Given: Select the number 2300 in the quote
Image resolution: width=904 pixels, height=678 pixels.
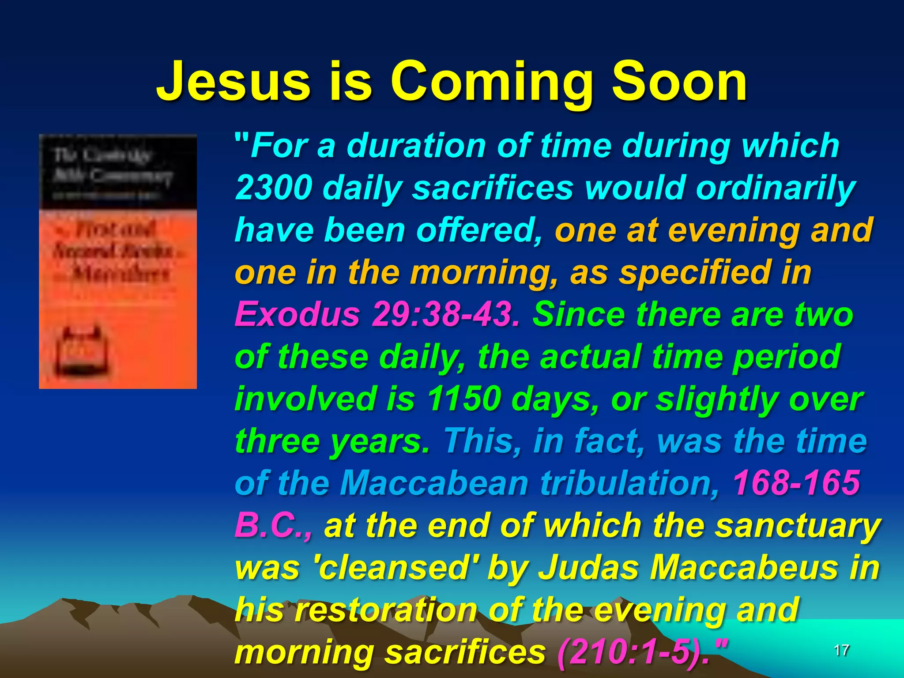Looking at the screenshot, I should click(274, 188).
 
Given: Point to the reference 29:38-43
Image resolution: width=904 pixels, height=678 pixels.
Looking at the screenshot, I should click(446, 315).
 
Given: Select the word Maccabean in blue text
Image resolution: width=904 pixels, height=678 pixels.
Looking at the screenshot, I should click(434, 482).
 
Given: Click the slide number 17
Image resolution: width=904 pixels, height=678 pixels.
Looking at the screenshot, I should click(841, 650).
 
